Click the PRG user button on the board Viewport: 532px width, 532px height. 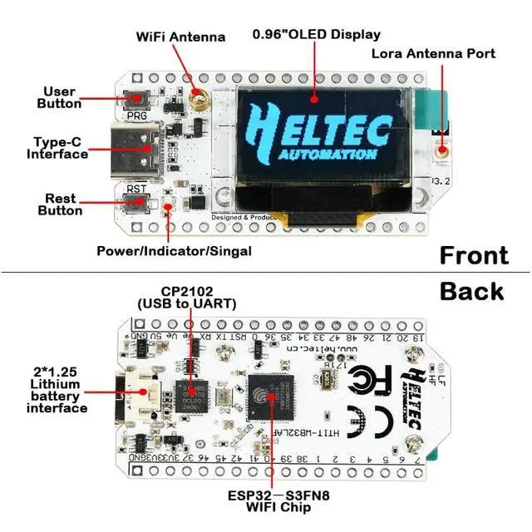(x=134, y=100)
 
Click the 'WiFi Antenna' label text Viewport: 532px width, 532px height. (x=180, y=37)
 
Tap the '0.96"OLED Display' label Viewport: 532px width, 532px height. (x=317, y=34)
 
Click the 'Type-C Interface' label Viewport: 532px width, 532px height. (x=57, y=148)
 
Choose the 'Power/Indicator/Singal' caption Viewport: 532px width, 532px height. (x=173, y=250)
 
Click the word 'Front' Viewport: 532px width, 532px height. (x=474, y=254)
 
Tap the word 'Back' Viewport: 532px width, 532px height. (x=472, y=291)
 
